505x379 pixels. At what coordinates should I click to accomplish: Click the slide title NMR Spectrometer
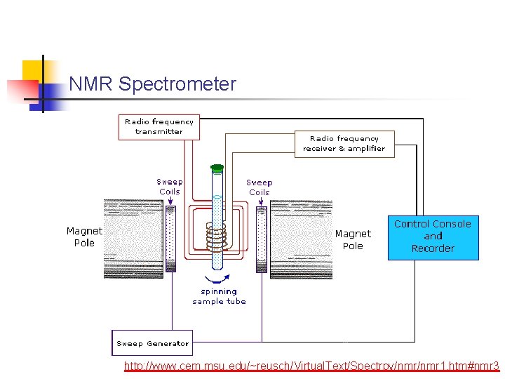(152, 84)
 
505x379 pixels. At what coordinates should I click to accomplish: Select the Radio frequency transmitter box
(159, 127)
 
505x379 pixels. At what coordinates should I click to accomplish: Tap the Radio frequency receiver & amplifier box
(344, 144)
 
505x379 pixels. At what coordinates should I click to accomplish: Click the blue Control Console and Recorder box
(433, 237)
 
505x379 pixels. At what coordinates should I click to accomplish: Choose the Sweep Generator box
(152, 343)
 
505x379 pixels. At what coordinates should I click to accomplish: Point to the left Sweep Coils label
(169, 187)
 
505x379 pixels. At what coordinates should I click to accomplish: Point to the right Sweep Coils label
(260, 187)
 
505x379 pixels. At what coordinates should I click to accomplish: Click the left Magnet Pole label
(84, 237)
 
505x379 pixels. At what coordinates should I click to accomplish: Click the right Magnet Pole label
(353, 239)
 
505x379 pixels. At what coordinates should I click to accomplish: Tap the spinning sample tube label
(219, 296)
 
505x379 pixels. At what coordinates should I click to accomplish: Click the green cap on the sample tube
(217, 168)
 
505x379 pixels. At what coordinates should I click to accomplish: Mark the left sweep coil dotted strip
(170, 239)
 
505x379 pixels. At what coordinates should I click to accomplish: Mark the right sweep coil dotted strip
(262, 239)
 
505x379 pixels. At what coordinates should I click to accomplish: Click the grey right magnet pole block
(302, 239)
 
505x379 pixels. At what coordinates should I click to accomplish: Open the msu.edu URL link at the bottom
(311, 366)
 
